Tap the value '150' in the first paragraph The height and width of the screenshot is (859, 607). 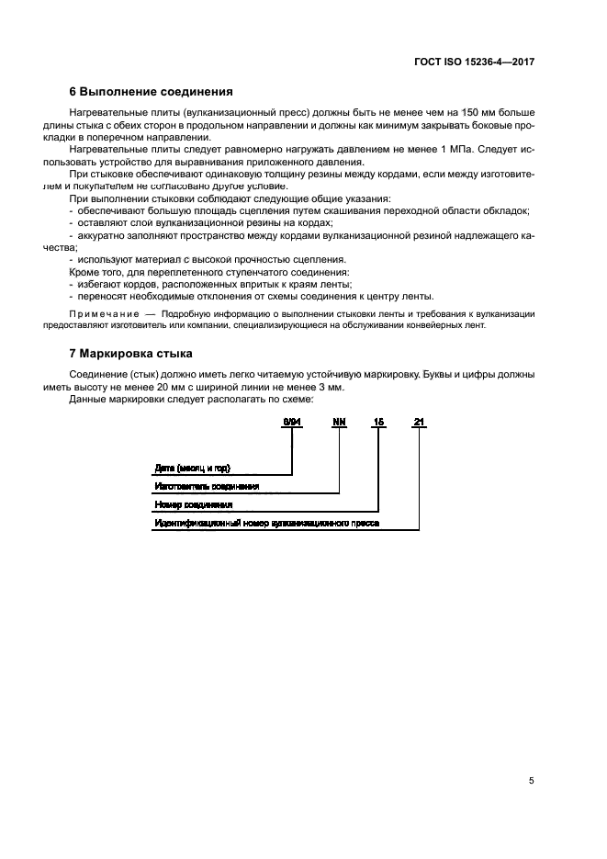tap(447, 111)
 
